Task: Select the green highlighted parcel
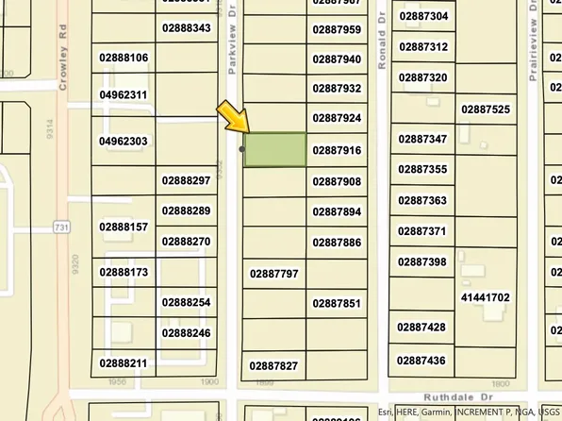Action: click(x=275, y=150)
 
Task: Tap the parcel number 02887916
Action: click(x=337, y=150)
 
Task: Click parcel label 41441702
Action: click(x=485, y=297)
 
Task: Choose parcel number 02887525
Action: click(x=485, y=109)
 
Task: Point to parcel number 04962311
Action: click(x=123, y=95)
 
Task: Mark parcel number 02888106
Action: click(x=124, y=58)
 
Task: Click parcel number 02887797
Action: click(x=273, y=274)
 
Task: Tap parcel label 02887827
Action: click(x=273, y=365)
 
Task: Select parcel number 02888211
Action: click(x=124, y=362)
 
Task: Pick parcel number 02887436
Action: click(x=421, y=360)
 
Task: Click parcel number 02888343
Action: click(x=186, y=28)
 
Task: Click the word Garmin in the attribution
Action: click(x=436, y=413)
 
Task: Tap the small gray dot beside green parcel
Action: click(x=242, y=149)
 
